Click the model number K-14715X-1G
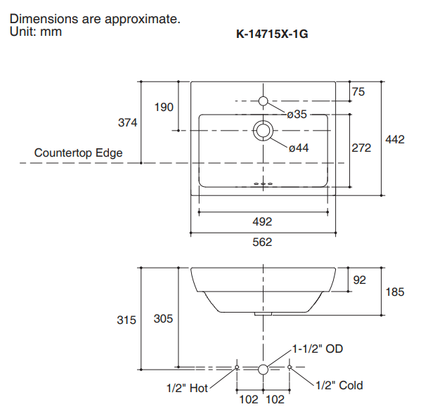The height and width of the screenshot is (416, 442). pos(272,34)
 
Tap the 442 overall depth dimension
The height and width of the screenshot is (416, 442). pos(395,140)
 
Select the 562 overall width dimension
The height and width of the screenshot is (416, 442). pos(262,242)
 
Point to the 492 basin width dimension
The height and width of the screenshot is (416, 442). pos(262,222)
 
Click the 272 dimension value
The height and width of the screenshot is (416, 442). pos(361,148)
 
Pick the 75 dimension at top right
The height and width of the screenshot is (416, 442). pos(358,92)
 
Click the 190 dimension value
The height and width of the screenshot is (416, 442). pos(164,107)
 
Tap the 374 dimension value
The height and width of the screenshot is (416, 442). pos(127,122)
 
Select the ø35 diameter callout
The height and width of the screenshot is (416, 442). pos(297,115)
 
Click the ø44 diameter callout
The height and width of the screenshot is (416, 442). pos(299,148)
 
